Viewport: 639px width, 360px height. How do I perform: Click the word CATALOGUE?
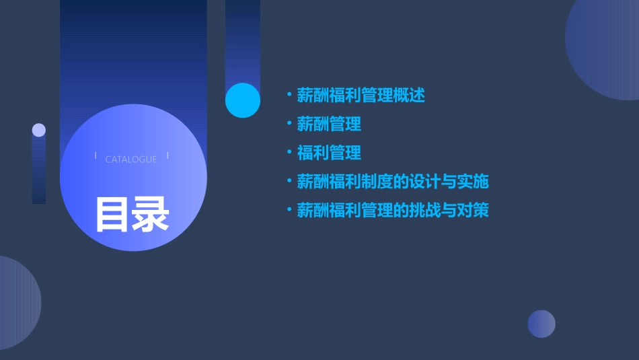(x=131, y=159)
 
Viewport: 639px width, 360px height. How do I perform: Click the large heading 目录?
(x=132, y=214)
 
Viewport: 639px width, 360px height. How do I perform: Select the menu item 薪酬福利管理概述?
(x=361, y=96)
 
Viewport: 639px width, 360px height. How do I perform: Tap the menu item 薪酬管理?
(x=329, y=124)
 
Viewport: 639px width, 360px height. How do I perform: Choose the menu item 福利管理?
(x=329, y=153)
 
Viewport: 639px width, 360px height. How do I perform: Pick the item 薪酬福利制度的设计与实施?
(x=392, y=182)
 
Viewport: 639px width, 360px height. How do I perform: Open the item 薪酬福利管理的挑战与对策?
(x=392, y=211)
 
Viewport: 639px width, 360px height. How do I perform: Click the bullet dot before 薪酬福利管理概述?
(x=289, y=95)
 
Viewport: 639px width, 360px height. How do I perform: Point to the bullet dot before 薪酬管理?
(x=289, y=124)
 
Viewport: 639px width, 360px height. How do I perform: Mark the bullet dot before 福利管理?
(x=289, y=153)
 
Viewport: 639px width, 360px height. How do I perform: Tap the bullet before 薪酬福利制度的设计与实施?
(x=289, y=181)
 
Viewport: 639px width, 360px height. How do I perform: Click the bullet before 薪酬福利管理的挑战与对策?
(x=289, y=210)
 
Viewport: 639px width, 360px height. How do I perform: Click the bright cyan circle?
(x=243, y=100)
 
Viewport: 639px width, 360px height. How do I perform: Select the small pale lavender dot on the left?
(x=39, y=130)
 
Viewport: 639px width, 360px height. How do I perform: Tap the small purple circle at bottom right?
(x=541, y=324)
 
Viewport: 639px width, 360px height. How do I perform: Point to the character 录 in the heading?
(x=151, y=214)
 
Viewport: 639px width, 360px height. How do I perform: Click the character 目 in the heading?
(x=112, y=214)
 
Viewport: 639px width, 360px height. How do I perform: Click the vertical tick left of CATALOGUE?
(x=96, y=156)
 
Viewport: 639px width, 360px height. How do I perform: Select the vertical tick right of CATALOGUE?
(x=167, y=156)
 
